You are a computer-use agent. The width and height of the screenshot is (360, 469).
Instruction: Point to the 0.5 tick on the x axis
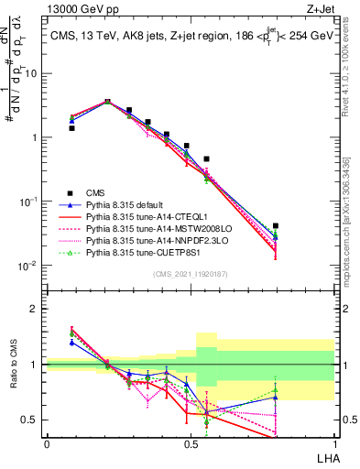[x=191, y=444]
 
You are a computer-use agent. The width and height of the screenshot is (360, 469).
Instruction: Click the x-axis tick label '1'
[x=334, y=444]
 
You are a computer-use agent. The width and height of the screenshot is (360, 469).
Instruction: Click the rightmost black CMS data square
[x=276, y=225]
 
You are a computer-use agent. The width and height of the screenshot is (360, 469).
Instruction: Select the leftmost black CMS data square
[x=71, y=128]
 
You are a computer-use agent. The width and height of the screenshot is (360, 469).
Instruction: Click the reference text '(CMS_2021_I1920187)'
[x=191, y=274]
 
